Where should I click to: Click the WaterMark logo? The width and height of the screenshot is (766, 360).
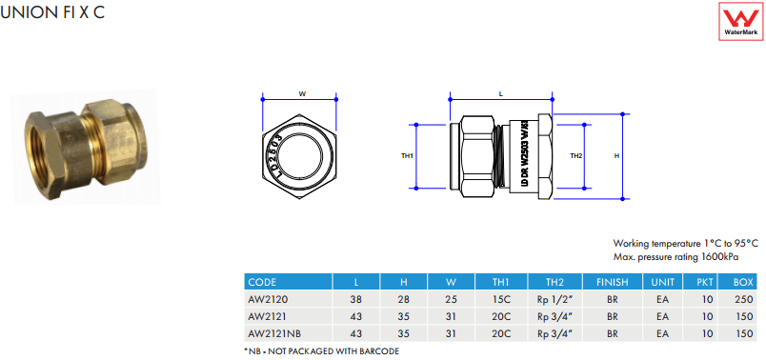point(740,21)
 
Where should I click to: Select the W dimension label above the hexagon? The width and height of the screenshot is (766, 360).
point(302,94)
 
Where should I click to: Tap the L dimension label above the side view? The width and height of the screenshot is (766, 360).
point(501,94)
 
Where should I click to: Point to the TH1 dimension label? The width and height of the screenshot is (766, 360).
point(407,156)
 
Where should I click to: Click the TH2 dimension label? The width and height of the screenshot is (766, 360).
point(576,156)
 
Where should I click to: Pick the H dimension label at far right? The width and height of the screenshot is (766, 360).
point(616,156)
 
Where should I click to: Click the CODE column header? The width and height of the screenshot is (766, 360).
point(262,282)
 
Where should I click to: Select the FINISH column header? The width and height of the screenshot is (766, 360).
point(612,282)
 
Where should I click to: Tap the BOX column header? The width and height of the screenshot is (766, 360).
point(743,282)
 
